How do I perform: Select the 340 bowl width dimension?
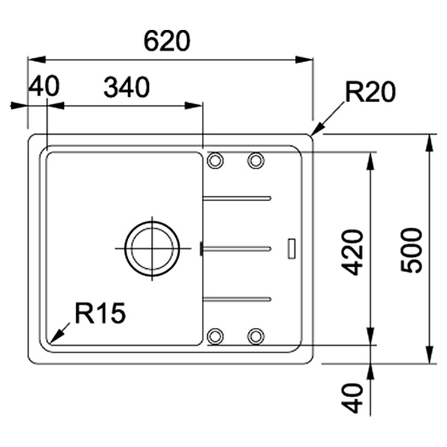[126, 87]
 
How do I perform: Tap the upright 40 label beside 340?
[43, 87]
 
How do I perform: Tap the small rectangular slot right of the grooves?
[292, 248]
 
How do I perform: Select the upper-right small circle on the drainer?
[256, 160]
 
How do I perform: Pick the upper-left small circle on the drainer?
[215, 160]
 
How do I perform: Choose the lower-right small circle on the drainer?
[256, 335]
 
